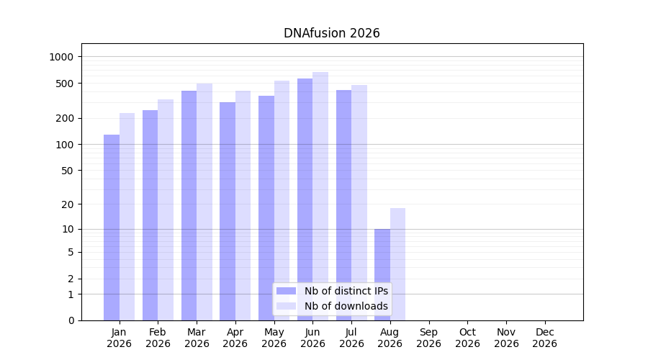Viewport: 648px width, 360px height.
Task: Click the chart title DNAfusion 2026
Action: (331, 33)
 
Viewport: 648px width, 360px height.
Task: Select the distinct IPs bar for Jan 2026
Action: (112, 228)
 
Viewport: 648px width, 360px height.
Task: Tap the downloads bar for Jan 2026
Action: (127, 217)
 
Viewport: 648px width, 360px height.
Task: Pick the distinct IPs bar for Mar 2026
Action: (189, 205)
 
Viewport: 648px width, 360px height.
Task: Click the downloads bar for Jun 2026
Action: (320, 197)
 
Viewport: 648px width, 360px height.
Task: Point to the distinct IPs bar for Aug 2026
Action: (382, 274)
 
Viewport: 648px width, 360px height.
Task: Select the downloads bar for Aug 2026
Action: (397, 264)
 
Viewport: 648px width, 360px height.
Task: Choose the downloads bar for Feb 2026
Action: (166, 210)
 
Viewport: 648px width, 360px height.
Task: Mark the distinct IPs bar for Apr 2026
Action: (228, 211)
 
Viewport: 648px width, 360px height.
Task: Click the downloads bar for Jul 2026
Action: (359, 202)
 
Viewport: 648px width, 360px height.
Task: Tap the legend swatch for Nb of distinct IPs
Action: (286, 291)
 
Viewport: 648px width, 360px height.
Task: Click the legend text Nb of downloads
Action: (346, 306)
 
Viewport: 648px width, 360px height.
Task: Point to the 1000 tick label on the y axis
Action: (61, 57)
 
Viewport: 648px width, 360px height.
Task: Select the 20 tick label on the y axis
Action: (68, 204)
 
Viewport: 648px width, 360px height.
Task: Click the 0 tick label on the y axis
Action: (71, 320)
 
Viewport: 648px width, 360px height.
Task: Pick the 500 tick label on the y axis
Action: (64, 84)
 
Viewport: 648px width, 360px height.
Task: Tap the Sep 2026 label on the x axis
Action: (428, 338)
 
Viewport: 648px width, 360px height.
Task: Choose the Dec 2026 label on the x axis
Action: (545, 338)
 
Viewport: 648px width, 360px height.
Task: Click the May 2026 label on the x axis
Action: (274, 338)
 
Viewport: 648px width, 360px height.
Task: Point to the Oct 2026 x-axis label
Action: (467, 338)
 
